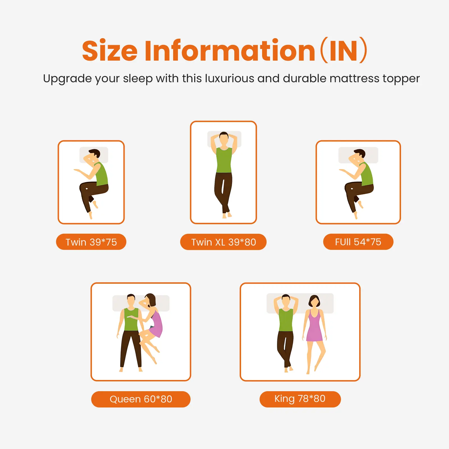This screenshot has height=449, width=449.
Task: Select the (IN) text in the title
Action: pyautogui.click(x=344, y=51)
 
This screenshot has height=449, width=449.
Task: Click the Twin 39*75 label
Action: pyautogui.click(x=91, y=242)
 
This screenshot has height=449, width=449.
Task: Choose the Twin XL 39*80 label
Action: pyautogui.click(x=223, y=242)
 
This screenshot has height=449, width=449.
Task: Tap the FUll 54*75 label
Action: pyautogui.click(x=358, y=242)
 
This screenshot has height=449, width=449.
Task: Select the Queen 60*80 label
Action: pyautogui.click(x=141, y=399)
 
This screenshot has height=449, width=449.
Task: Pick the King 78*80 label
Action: pyautogui.click(x=300, y=399)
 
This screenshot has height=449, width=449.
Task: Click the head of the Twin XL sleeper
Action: pyautogui.click(x=224, y=139)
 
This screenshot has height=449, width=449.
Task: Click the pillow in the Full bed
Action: pyautogui.click(x=358, y=155)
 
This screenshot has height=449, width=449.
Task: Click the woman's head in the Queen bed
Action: pyautogui.click(x=150, y=300)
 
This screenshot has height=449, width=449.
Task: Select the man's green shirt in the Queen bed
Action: pyautogui.click(x=131, y=319)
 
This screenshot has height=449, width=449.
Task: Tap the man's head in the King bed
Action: pyautogui.click(x=286, y=301)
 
